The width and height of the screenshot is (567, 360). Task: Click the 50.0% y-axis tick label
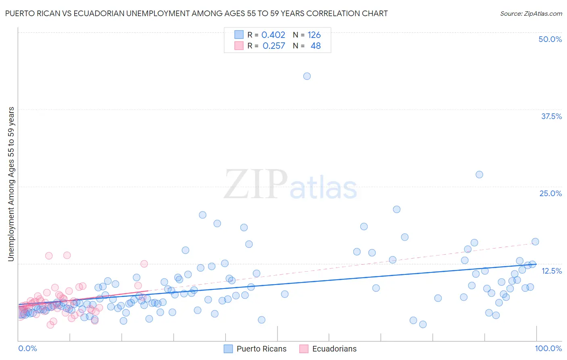click(x=550, y=39)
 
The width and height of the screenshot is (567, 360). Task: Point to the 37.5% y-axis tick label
click(x=551, y=116)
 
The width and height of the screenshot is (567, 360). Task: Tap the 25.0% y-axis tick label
click(x=550, y=193)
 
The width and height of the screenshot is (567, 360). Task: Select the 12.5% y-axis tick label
click(x=551, y=271)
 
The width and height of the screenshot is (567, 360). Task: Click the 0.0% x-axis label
click(x=27, y=348)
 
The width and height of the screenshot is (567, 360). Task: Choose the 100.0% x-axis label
click(x=548, y=348)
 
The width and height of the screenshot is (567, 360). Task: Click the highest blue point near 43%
click(x=307, y=76)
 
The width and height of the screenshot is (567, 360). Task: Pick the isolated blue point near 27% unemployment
click(x=479, y=174)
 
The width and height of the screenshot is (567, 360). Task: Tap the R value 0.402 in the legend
click(x=273, y=35)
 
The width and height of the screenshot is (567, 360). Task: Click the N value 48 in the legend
click(x=315, y=46)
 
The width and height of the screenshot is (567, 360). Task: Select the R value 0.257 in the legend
click(x=273, y=46)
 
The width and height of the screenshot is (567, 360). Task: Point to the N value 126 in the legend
click(x=314, y=35)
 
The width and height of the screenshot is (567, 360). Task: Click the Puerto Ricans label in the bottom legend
click(x=261, y=349)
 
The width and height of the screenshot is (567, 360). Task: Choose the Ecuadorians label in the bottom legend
click(x=334, y=349)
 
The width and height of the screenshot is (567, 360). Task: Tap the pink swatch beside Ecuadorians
click(x=304, y=349)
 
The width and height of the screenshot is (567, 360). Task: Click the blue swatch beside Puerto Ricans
click(x=228, y=349)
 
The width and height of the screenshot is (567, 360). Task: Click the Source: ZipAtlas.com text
click(x=531, y=14)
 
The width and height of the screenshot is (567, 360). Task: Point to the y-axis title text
click(x=11, y=184)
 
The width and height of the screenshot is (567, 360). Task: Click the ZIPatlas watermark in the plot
click(x=290, y=185)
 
